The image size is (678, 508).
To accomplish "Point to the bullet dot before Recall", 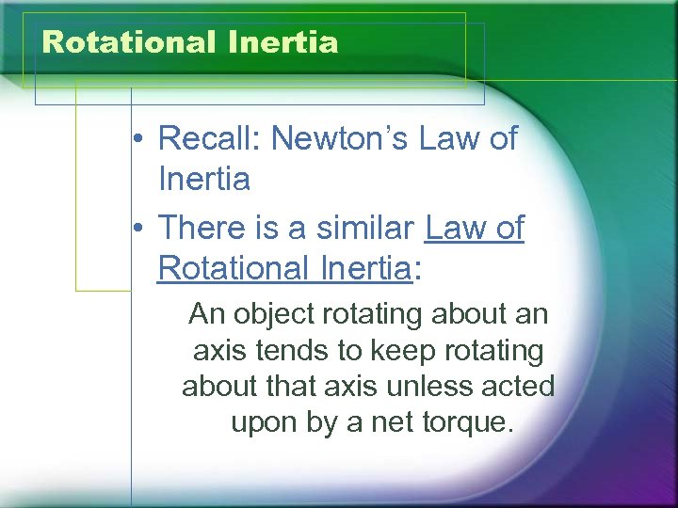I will (137, 140).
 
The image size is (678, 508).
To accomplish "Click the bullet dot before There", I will (137, 229).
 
